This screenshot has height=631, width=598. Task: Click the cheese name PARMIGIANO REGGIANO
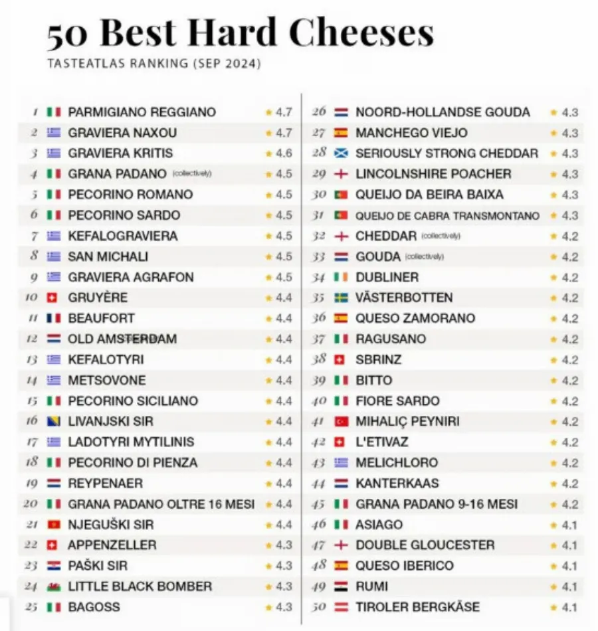click(x=142, y=112)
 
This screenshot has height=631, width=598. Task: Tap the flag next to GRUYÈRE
click(x=53, y=298)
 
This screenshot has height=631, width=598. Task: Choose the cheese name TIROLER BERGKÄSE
click(x=417, y=607)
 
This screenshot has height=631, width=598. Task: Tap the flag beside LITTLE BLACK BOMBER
click(x=53, y=586)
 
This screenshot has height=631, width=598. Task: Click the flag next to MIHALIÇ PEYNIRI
click(x=341, y=422)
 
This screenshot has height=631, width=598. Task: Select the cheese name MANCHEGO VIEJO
click(x=411, y=133)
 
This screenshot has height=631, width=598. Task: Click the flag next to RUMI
click(x=341, y=586)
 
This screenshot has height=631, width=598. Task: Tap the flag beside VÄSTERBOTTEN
click(x=341, y=298)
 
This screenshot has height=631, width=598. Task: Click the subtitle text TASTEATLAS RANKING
click(x=116, y=64)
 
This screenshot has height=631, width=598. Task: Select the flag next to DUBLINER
click(x=341, y=277)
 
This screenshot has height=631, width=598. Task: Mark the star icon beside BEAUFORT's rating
click(x=268, y=318)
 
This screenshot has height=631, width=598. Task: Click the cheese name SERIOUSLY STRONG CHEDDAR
click(x=447, y=153)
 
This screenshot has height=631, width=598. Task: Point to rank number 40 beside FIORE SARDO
click(x=320, y=401)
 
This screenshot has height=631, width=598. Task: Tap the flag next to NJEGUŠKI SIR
click(x=53, y=525)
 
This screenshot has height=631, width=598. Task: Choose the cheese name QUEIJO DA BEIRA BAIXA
click(x=429, y=195)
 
